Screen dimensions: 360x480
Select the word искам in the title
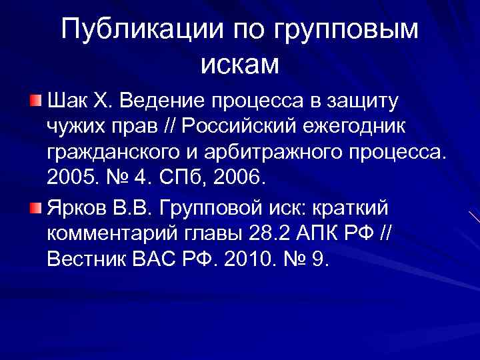(x=239, y=64)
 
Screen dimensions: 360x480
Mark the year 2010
(x=243, y=260)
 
